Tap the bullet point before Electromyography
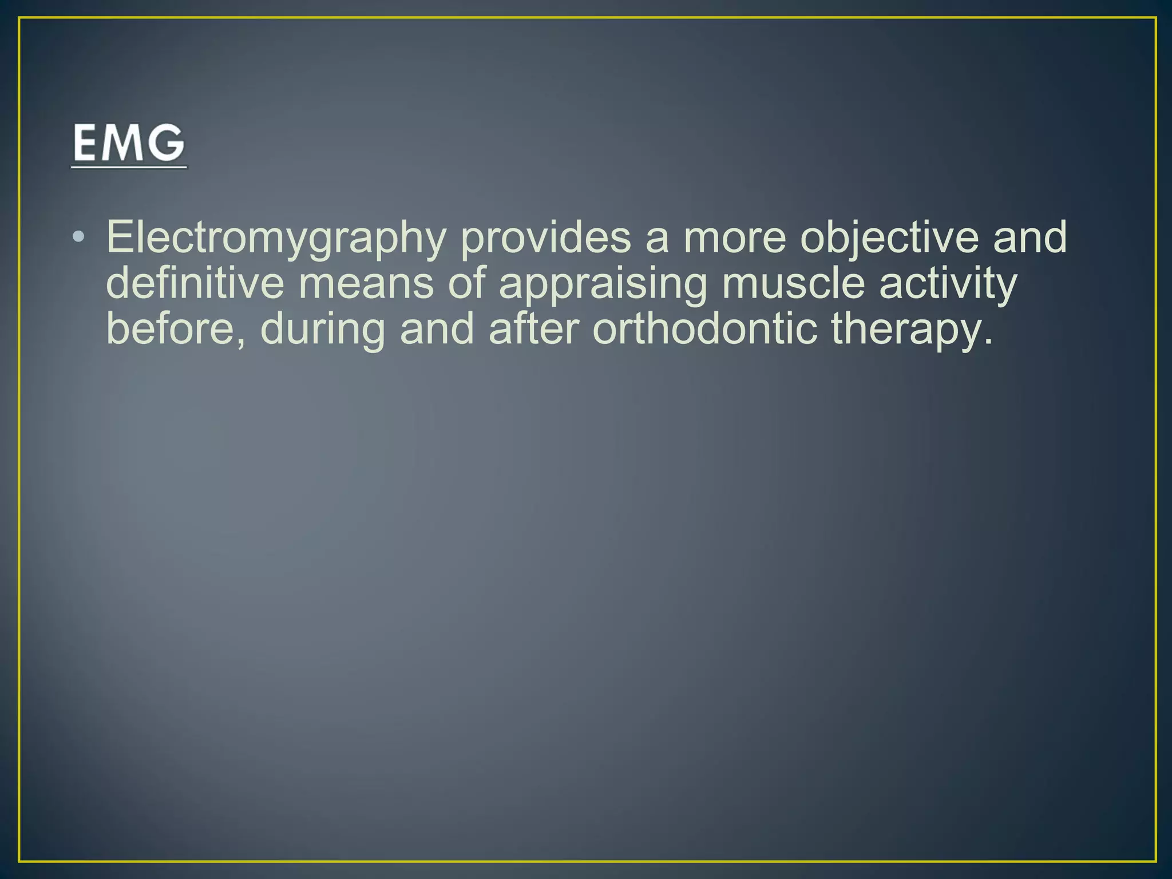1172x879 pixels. tap(79, 236)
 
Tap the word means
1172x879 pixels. tap(366, 285)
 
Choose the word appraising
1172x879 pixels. tap(603, 285)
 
